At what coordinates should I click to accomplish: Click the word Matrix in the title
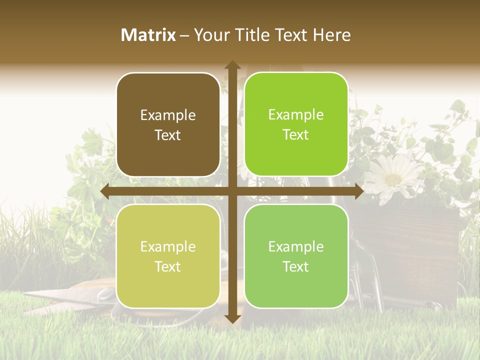click(148, 35)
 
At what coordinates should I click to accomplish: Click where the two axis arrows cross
click(232, 191)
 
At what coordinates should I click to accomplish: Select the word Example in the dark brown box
click(168, 115)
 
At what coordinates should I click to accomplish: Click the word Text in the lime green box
click(296, 134)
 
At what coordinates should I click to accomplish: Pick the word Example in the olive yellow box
click(168, 246)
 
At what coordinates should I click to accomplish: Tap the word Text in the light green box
click(296, 266)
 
